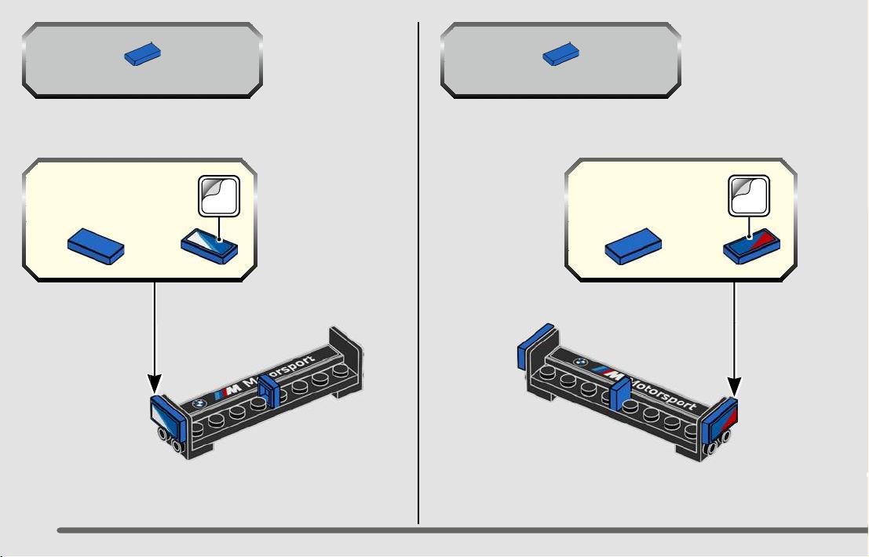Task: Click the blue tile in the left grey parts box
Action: [x=142, y=56]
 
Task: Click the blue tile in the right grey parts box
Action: [x=560, y=54]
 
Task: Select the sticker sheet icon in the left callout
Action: [x=219, y=196]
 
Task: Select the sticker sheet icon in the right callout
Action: [x=749, y=195]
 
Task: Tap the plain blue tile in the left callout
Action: [x=96, y=246]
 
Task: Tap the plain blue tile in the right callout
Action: [x=633, y=246]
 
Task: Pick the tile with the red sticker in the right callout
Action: [x=752, y=246]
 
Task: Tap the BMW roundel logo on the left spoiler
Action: [x=199, y=403]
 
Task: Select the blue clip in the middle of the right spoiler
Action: [x=619, y=392]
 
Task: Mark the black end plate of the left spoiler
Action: [x=346, y=360]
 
